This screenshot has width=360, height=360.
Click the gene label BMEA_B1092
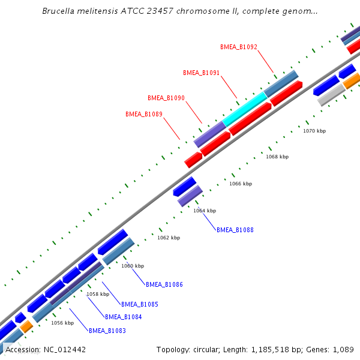tap(239, 47)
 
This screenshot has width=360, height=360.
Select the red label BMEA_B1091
tap(201, 73)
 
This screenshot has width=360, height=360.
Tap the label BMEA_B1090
tap(166, 98)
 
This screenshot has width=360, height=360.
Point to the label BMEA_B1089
tap(144, 114)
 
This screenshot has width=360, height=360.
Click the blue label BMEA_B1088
tap(235, 230)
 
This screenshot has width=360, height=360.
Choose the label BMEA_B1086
tap(164, 284)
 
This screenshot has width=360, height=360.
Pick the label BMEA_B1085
tap(140, 304)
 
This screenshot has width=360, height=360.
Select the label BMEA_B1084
tap(124, 317)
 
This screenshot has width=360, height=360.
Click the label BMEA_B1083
tap(107, 331)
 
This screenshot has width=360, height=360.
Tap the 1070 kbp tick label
tap(314, 131)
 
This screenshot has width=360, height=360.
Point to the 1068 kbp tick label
tap(277, 157)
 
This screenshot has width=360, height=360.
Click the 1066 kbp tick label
tap(241, 184)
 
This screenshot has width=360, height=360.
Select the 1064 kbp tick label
tap(205, 211)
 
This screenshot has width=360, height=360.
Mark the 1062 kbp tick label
tap(169, 238)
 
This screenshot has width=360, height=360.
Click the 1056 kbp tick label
tap(62, 323)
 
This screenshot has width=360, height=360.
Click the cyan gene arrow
tap(245, 109)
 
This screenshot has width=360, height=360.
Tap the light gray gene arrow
tap(331, 94)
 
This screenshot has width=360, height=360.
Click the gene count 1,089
tap(344, 349)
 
